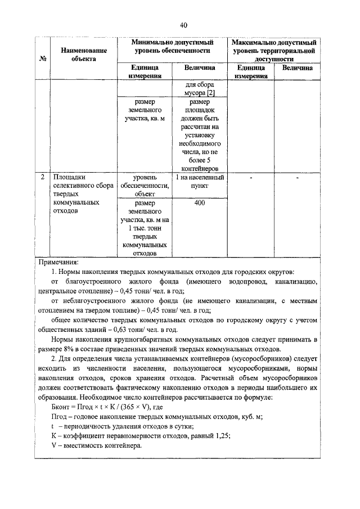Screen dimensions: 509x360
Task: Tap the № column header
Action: coord(43,58)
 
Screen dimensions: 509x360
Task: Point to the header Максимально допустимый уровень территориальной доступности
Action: coord(273,50)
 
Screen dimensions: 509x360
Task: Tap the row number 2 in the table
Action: coord(43,177)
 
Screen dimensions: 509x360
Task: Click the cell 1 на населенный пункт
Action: coord(200,181)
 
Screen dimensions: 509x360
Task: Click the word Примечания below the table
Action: coord(58,262)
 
